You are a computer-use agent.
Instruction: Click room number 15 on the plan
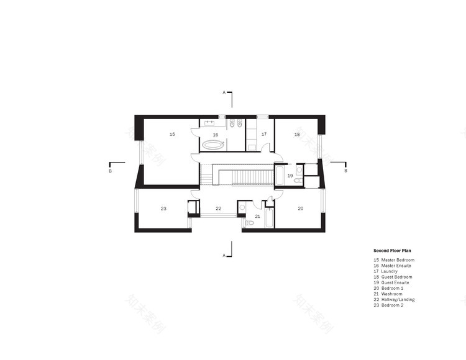[x=172, y=134]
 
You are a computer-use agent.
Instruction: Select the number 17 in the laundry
[x=263, y=134]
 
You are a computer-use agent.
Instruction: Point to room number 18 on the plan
[x=297, y=134]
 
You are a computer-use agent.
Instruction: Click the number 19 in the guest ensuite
[x=290, y=176]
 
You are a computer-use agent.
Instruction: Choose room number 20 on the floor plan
[x=300, y=209]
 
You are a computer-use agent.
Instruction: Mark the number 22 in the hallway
[x=218, y=209]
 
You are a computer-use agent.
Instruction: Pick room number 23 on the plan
[x=163, y=209]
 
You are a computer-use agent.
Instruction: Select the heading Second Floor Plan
[x=393, y=251]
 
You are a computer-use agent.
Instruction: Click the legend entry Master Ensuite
[x=395, y=266]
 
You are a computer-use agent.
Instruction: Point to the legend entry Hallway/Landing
[x=398, y=300]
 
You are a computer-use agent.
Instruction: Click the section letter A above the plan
[x=224, y=92]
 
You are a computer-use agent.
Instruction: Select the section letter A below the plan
[x=224, y=254]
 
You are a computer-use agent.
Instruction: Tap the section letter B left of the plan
[x=111, y=170]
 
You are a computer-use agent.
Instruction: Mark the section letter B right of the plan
[x=346, y=170]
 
